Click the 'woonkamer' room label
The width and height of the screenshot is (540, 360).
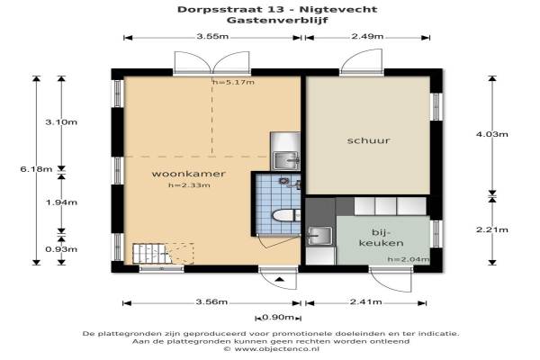pyautogui.click(x=188, y=174)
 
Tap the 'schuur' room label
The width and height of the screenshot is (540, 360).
pyautogui.click(x=368, y=140)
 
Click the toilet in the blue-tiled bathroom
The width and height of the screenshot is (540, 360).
pyautogui.click(x=286, y=216)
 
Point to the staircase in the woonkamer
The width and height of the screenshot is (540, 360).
pyautogui.click(x=151, y=254)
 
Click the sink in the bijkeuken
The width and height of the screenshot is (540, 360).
pyautogui.click(x=320, y=236)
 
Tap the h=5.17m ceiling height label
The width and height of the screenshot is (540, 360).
pyautogui.click(x=233, y=82)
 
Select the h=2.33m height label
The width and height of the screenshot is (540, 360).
pyautogui.click(x=189, y=185)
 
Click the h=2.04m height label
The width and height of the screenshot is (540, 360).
pyautogui.click(x=408, y=259)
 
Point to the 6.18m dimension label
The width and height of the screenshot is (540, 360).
pyautogui.click(x=36, y=169)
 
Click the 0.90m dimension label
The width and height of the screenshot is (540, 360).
pyautogui.click(x=278, y=318)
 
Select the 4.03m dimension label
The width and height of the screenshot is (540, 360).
pyautogui.click(x=491, y=134)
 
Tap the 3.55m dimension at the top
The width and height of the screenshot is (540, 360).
pyautogui.click(x=212, y=36)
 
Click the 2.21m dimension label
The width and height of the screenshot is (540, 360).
pyautogui.click(x=491, y=229)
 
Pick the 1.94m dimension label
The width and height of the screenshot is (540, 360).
pyautogui.click(x=61, y=202)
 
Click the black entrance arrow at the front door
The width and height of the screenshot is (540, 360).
pyautogui.click(x=280, y=279)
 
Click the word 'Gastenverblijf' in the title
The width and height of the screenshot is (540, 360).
pyautogui.click(x=277, y=20)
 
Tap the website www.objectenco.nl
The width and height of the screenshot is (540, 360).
pyautogui.click(x=276, y=349)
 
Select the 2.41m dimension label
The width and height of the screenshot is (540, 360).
pyautogui.click(x=365, y=302)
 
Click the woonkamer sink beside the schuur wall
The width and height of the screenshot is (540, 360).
pyautogui.click(x=286, y=160)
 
